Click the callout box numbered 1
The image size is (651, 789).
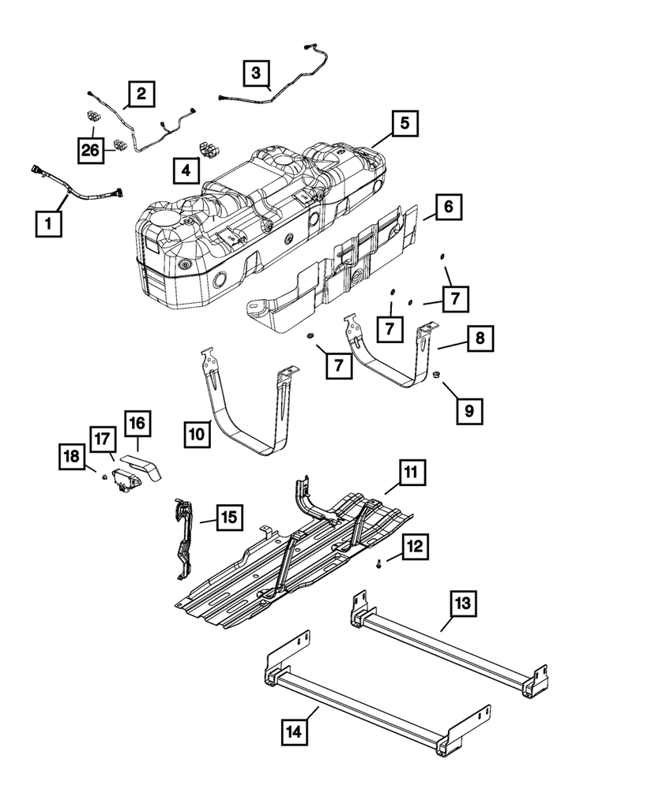[x=48, y=225]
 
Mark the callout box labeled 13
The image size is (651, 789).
[x=465, y=604]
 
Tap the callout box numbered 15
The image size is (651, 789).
[x=228, y=518]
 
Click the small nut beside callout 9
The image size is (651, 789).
[x=437, y=375]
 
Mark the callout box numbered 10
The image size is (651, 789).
[x=198, y=433]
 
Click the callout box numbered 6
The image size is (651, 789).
[x=447, y=208]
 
